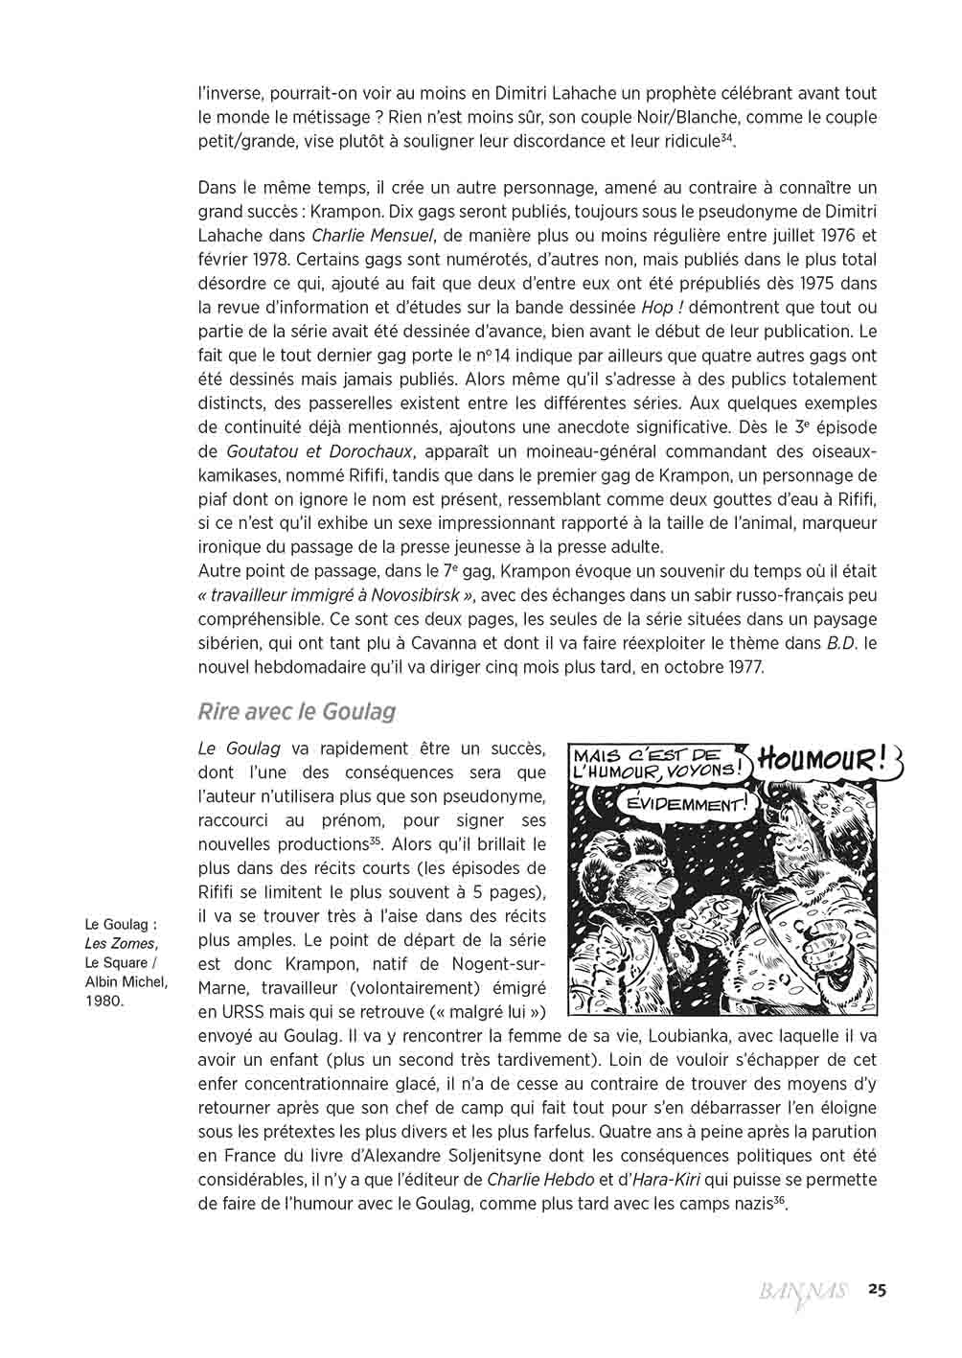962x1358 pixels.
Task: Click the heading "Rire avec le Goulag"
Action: click(296, 711)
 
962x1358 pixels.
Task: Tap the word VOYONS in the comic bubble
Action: click(704, 770)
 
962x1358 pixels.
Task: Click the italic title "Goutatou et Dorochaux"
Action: click(319, 451)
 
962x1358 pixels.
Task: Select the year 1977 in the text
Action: click(743, 667)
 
